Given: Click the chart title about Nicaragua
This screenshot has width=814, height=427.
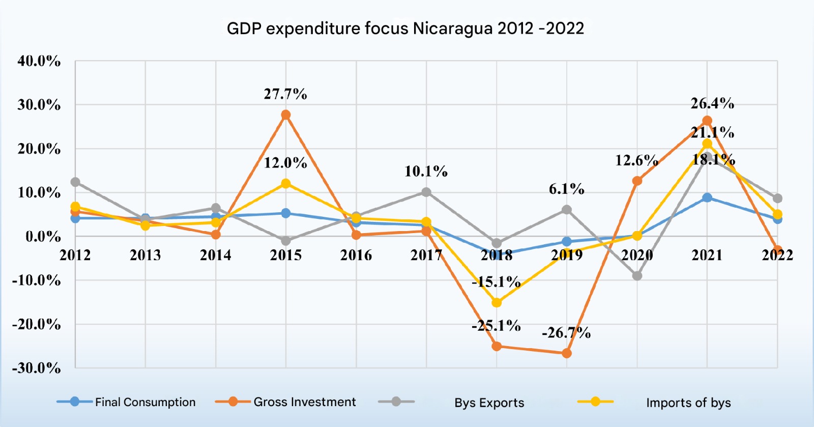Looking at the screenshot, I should [x=405, y=29].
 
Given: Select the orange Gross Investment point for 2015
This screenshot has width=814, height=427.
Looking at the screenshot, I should [x=286, y=115].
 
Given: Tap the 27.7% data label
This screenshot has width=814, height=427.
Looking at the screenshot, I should [x=285, y=94].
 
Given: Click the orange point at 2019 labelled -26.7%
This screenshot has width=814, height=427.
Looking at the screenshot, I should [x=567, y=353].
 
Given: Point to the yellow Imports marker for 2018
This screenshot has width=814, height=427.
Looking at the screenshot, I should [x=497, y=303].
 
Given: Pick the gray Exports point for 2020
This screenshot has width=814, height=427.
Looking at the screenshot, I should [x=637, y=276].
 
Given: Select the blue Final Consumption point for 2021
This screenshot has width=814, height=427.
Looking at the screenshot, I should [x=707, y=197].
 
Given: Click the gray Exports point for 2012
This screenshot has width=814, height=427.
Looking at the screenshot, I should [x=75, y=182].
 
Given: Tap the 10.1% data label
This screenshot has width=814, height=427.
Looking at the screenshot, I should [x=426, y=172].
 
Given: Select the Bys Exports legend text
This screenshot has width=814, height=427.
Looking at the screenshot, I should [x=489, y=403].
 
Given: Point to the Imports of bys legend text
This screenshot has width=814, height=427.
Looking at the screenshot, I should [x=688, y=403].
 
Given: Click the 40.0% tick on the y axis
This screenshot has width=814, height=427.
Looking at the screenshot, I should [x=39, y=61].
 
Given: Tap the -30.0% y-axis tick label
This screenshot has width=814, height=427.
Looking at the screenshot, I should [x=37, y=368].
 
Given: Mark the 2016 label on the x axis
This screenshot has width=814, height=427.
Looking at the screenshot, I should [x=356, y=255].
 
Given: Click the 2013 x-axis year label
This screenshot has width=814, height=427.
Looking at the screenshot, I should [x=146, y=255].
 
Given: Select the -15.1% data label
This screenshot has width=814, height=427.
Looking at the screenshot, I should [x=496, y=282].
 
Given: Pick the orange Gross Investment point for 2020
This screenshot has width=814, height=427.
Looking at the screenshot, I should [x=637, y=181].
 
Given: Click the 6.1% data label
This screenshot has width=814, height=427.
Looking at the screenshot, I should [x=566, y=189].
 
